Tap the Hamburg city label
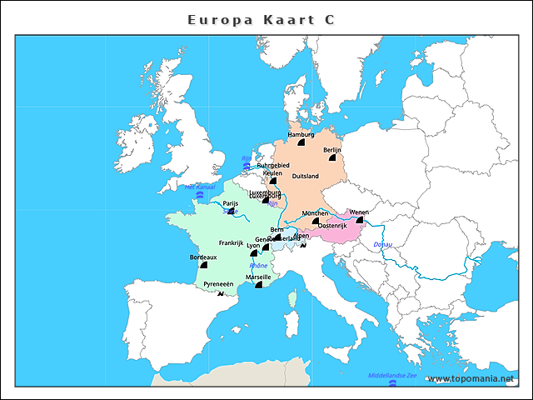(x=300, y=134)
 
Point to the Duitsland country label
(x=306, y=176)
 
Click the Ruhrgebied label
(x=273, y=165)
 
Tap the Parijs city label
(x=231, y=203)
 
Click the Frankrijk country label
(x=231, y=243)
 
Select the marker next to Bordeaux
(x=203, y=264)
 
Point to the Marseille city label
(x=258, y=277)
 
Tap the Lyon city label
(x=253, y=246)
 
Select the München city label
(x=316, y=213)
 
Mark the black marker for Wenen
(x=360, y=221)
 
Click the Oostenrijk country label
(x=333, y=226)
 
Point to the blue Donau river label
(x=383, y=244)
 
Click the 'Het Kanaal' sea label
(x=199, y=187)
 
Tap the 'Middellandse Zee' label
(x=391, y=375)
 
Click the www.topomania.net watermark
(x=471, y=379)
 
